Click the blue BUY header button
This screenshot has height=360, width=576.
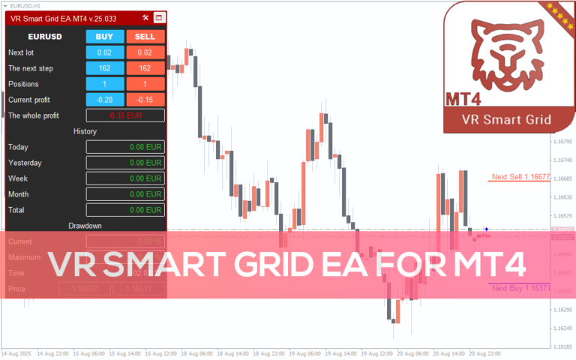[104, 36]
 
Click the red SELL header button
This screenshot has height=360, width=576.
[145, 36]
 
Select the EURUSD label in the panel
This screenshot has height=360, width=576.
[45, 36]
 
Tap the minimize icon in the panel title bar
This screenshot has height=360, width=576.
[158, 17]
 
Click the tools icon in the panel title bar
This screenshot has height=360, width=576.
[145, 17]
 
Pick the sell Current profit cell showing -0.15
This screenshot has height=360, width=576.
[145, 100]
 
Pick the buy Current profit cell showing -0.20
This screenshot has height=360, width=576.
[104, 100]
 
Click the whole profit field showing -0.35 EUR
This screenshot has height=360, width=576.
[124, 115]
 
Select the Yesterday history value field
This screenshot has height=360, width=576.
[124, 163]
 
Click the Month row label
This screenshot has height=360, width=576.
[19, 194]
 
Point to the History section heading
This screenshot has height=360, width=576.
[85, 131]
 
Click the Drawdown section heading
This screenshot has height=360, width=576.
[85, 225]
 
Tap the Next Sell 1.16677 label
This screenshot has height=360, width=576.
[520, 178]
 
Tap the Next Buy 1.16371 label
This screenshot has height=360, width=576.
[520, 288]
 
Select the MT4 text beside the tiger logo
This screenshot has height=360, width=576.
[463, 99]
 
